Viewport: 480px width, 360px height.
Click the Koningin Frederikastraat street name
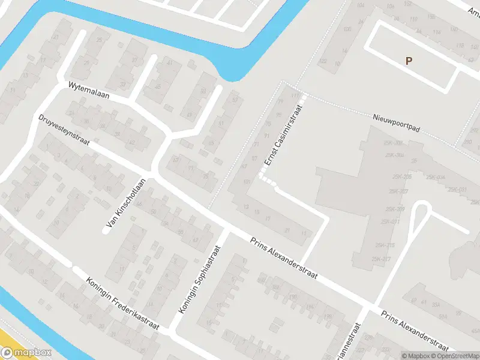[x=122, y=304]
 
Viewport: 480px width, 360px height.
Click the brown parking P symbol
[x=409, y=61]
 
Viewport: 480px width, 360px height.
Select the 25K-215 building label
[x=385, y=245]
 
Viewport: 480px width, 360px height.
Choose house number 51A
[x=444, y=317]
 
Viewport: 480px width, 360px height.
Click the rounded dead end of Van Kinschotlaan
[x=106, y=232]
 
